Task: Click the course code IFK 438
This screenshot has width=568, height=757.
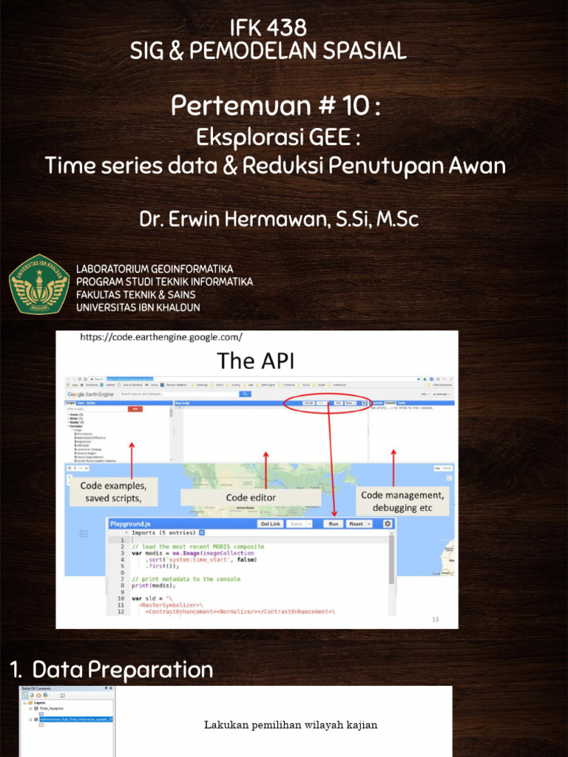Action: (268, 28)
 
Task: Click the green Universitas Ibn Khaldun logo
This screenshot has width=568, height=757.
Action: (39, 284)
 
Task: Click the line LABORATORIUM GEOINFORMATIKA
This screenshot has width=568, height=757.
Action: (155, 268)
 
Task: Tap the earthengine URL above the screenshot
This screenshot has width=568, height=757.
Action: (161, 337)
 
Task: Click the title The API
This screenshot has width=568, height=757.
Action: (255, 361)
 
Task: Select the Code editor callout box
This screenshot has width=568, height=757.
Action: (251, 498)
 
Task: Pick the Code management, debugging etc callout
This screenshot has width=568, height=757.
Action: (402, 501)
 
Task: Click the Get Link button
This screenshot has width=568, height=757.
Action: (270, 523)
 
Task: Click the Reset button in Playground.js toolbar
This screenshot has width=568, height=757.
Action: (359, 523)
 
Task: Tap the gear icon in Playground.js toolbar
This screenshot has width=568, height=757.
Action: (387, 523)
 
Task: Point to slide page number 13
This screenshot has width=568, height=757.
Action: (436, 619)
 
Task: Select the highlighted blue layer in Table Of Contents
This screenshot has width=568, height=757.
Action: (76, 719)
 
